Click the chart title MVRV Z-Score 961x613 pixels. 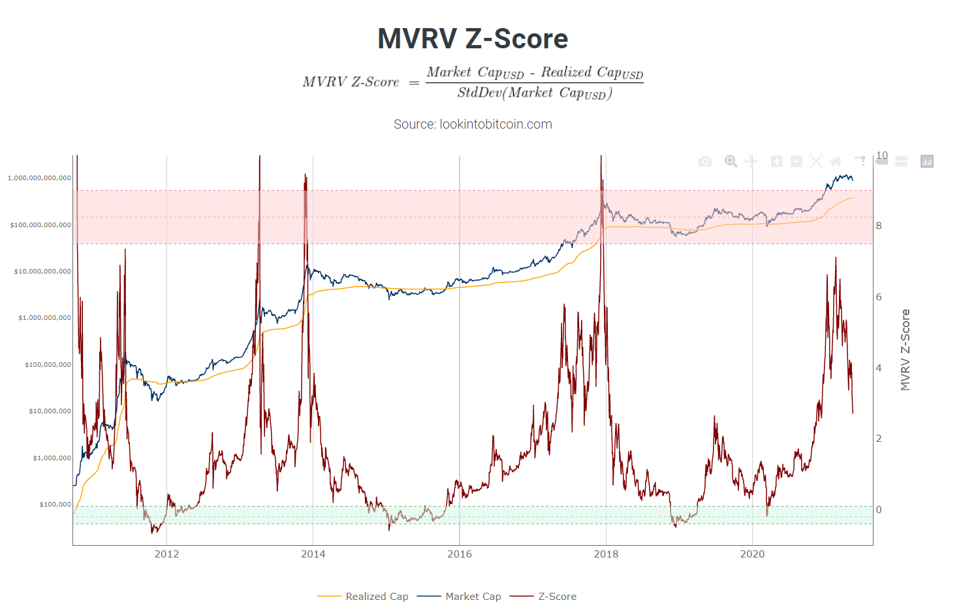tap(473, 39)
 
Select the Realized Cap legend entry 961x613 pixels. tap(377, 596)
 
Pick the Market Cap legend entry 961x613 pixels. tap(473, 596)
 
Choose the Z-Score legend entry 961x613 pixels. tap(557, 596)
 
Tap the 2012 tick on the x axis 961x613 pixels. tap(166, 554)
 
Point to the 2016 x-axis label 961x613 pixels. tap(460, 554)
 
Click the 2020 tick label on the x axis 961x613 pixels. tap(752, 554)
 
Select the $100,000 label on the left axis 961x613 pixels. tap(55, 505)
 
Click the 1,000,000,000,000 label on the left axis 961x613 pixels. tap(40, 178)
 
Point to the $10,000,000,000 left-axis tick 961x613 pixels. tap(43, 272)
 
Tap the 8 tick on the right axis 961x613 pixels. tap(879, 226)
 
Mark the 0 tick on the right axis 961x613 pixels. tap(879, 510)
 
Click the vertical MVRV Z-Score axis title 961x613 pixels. tap(905, 350)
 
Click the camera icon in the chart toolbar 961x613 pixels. tap(705, 161)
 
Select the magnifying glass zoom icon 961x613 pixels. tap(731, 161)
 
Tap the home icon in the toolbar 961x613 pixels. tap(836, 161)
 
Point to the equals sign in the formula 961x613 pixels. tap(413, 83)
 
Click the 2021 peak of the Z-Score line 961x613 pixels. tap(836, 258)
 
